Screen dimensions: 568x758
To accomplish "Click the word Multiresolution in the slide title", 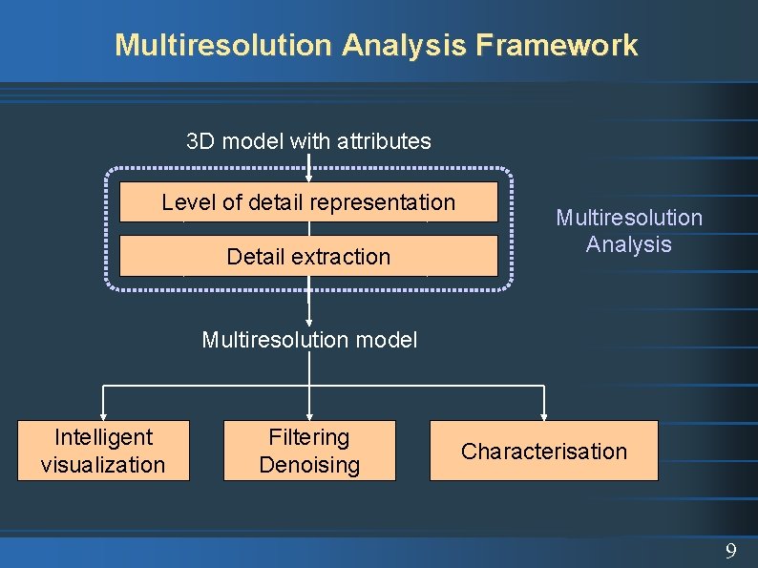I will coord(223,45).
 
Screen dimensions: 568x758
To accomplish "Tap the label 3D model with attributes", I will coord(308,141).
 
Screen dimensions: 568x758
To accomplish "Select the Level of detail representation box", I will coord(308,202).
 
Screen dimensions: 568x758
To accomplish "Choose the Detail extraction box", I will coord(308,256).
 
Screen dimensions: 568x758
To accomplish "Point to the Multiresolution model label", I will coord(309,339).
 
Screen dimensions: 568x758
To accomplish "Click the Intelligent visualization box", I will coord(103,451).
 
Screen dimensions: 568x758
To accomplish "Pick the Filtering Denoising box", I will coord(309,451).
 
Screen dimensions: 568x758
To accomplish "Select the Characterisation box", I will coord(544,451).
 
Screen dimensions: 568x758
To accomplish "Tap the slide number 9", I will coord(730,551).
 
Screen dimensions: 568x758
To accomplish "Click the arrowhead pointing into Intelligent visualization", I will coord(103,415).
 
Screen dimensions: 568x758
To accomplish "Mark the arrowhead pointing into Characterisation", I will coord(544,415).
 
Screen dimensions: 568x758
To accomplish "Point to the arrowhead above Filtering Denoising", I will coord(309,415).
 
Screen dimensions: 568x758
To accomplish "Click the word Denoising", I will coord(309,465).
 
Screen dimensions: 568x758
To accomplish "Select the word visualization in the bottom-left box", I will coord(103,465).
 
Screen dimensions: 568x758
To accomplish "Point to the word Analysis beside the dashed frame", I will coord(629,244).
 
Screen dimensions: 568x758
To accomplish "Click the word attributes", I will coord(385,141).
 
